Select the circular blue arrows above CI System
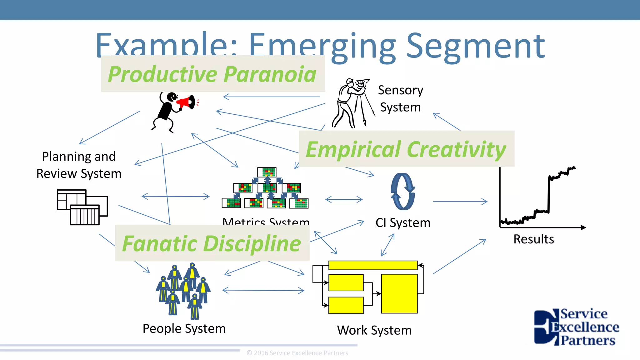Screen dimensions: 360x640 403,191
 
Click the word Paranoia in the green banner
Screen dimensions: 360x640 270,74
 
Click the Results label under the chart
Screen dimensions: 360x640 533,239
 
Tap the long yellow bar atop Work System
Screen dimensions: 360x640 373,265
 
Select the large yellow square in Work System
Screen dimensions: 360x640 399,293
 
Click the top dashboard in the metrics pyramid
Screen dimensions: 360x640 267,172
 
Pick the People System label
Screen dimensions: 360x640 184,328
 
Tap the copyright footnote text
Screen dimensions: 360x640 297,353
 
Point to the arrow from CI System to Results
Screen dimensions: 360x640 460,202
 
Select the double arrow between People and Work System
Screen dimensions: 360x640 263,290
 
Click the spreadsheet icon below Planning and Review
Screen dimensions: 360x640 82,207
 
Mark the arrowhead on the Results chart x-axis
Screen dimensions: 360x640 583,227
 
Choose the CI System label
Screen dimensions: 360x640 403,223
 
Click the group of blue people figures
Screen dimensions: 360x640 183,291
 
